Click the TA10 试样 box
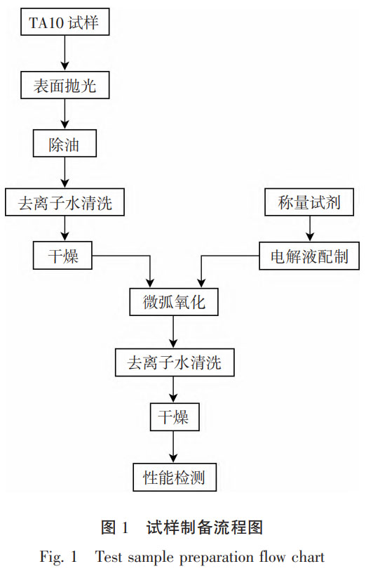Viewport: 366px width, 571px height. pyautogui.click(x=65, y=23)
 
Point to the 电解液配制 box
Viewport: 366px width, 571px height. pyautogui.click(x=311, y=257)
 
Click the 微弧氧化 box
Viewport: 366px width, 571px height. pyautogui.click(x=174, y=303)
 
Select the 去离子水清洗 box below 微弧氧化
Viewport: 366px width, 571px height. pyautogui.click(x=174, y=363)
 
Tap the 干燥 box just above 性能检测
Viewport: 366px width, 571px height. pyautogui.click(x=174, y=418)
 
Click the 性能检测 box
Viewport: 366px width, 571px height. pyautogui.click(x=174, y=478)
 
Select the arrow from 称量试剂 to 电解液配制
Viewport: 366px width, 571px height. pyautogui.click(x=311, y=230)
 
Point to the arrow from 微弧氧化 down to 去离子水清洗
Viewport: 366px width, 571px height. pyautogui.click(x=174, y=333)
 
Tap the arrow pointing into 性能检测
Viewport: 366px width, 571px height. pyautogui.click(x=174, y=447)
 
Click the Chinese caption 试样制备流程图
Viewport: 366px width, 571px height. pyautogui.click(x=204, y=526)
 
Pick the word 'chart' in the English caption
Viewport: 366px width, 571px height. pyautogui.click(x=309, y=558)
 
